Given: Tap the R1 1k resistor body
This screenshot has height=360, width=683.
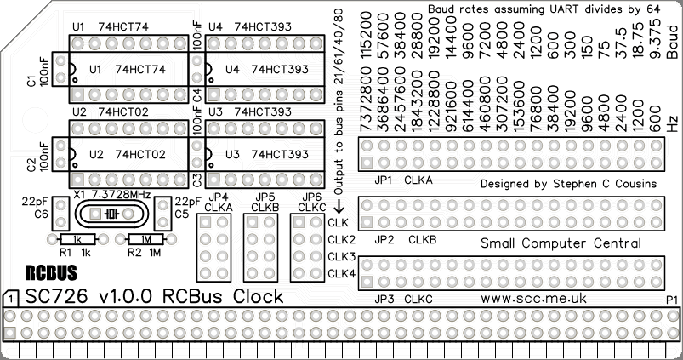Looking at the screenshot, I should (x=76, y=239).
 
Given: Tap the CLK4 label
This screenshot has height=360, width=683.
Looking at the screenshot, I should (x=341, y=273).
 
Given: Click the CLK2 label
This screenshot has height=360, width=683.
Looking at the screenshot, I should (x=341, y=239).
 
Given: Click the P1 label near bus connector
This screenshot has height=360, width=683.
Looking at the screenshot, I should (x=671, y=299).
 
